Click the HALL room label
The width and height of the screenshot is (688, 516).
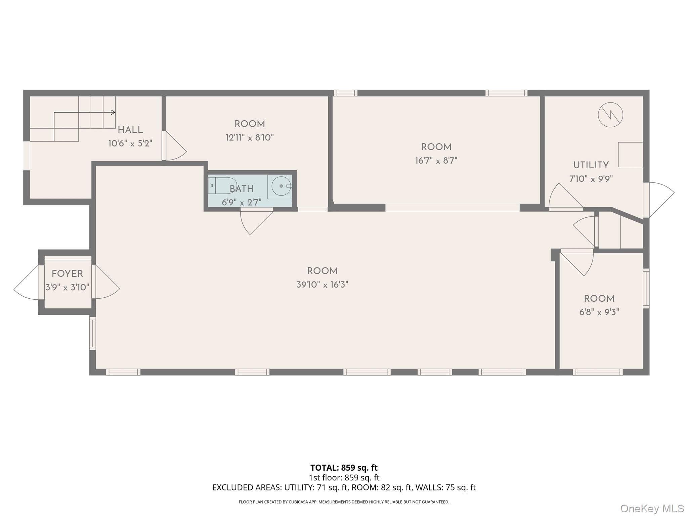tap(130, 130)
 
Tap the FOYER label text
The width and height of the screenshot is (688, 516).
tap(67, 274)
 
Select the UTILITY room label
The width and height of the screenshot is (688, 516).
tap(591, 165)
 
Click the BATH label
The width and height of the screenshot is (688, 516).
tap(242, 189)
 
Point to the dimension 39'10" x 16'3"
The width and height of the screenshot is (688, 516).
tap(322, 285)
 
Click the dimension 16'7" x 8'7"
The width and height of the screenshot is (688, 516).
tap(436, 161)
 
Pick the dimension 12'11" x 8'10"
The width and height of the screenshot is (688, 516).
tap(250, 137)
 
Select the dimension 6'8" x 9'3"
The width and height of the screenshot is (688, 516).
tap(599, 312)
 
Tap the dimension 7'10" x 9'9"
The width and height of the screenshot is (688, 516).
tap(591, 179)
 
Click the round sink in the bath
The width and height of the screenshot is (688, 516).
tap(281, 186)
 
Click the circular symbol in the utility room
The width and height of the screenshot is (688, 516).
tap(610, 115)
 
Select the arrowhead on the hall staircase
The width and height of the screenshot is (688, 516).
tap(113, 112)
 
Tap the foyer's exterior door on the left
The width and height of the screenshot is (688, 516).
tap(26, 282)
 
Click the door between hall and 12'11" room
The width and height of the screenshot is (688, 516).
tap(174, 146)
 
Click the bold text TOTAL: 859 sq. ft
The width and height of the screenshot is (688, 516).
tap(344, 468)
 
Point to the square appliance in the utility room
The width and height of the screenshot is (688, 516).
tap(631, 155)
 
